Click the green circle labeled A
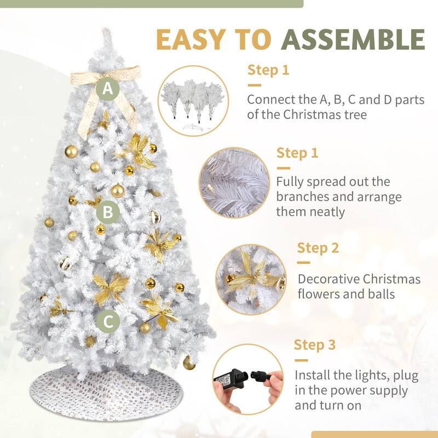click(108, 89)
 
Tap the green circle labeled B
click(108, 212)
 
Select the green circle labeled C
click(108, 321)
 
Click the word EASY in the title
click(191, 39)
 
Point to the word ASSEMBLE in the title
click(353, 39)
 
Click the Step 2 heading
click(318, 248)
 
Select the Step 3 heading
click(314, 345)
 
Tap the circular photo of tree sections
click(193, 101)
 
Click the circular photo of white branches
click(234, 183)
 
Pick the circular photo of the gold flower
click(251, 279)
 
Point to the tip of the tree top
click(106, 28)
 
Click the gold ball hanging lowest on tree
click(189, 363)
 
